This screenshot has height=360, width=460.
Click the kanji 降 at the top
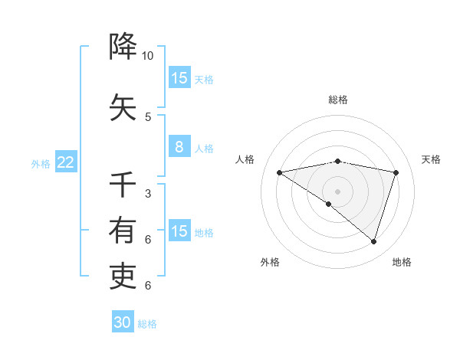click(x=123, y=46)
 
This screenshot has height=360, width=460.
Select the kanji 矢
click(x=123, y=107)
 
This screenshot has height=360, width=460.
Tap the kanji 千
click(x=123, y=184)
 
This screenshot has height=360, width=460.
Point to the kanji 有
click(x=123, y=230)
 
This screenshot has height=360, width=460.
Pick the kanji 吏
click(x=123, y=276)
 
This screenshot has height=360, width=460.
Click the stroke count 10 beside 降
click(x=147, y=56)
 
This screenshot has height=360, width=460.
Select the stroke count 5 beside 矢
click(x=148, y=117)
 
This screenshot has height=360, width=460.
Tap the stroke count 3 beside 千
click(x=148, y=194)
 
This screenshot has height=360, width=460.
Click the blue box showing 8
click(x=179, y=146)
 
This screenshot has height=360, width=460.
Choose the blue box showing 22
click(x=66, y=162)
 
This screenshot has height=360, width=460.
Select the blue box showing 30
click(x=123, y=321)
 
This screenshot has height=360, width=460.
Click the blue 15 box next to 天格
click(x=179, y=77)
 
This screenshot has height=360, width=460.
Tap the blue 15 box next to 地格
click(x=179, y=230)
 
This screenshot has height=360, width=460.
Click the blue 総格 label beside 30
click(x=147, y=324)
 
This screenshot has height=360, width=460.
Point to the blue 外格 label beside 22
click(x=41, y=164)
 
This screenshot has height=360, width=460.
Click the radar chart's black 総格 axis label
click(x=338, y=100)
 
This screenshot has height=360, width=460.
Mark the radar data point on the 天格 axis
click(x=396, y=172)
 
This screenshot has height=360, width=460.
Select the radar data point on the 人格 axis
click(x=279, y=172)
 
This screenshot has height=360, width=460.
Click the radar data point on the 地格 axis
click(x=373, y=241)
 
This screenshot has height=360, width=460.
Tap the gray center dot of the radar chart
click(x=337, y=191)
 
